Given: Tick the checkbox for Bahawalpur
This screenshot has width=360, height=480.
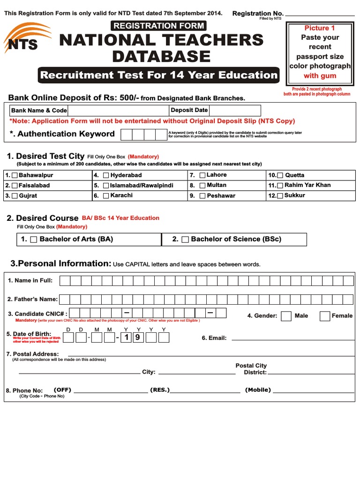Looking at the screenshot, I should point(15,175).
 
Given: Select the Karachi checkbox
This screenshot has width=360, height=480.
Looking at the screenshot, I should point(106,195).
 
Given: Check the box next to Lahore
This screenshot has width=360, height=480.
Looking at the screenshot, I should point(202,175).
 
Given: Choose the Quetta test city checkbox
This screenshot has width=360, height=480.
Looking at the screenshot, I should point(280,175).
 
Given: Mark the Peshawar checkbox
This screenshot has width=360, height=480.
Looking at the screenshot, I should point(202,195).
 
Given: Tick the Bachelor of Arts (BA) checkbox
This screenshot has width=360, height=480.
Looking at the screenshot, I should point(34,240).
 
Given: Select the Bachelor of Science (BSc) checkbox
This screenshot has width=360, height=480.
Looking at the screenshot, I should point(185,240).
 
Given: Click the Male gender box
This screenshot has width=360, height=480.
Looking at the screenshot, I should point(286,316).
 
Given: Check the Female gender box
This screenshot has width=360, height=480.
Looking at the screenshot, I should point(324,316).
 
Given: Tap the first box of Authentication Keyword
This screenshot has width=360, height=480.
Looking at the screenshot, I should point(127,135).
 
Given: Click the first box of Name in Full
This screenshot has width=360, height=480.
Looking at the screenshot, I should point(64,281).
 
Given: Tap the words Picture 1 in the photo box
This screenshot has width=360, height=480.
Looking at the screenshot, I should point(320,28).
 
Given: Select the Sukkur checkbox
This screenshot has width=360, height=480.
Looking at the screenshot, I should point(280,195).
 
